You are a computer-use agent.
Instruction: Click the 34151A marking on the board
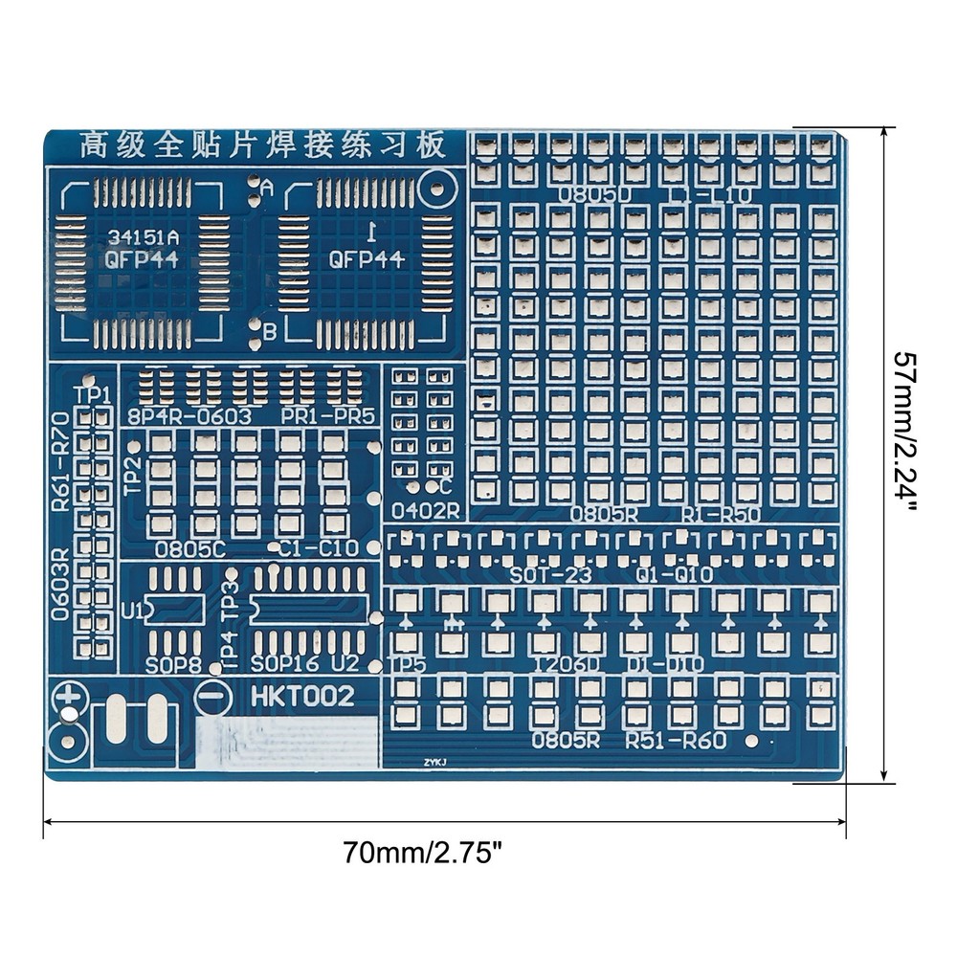(x=133, y=234)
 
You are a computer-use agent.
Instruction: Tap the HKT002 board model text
(x=303, y=697)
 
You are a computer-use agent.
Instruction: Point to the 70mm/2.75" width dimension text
(x=423, y=851)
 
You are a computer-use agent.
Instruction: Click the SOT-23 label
(x=550, y=574)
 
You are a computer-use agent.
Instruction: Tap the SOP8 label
(x=173, y=664)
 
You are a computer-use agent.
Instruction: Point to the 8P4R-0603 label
(x=189, y=416)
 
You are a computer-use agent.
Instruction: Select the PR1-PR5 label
(x=328, y=416)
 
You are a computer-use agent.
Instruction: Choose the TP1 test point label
(x=93, y=394)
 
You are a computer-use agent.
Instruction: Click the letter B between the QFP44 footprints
(x=270, y=331)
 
